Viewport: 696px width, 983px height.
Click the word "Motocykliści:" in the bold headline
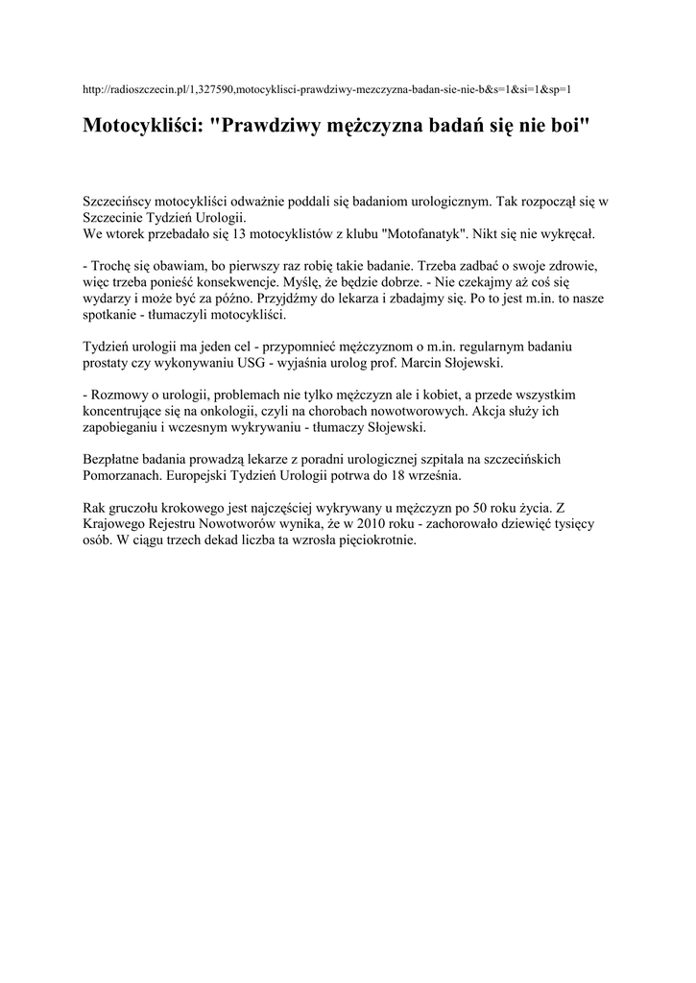[x=141, y=127]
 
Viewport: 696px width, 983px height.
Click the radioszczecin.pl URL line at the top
[x=327, y=89]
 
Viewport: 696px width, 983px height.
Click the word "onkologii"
[x=213, y=411]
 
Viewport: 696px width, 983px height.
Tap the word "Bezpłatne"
[x=115, y=459]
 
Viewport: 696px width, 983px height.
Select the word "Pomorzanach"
[x=124, y=475]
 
